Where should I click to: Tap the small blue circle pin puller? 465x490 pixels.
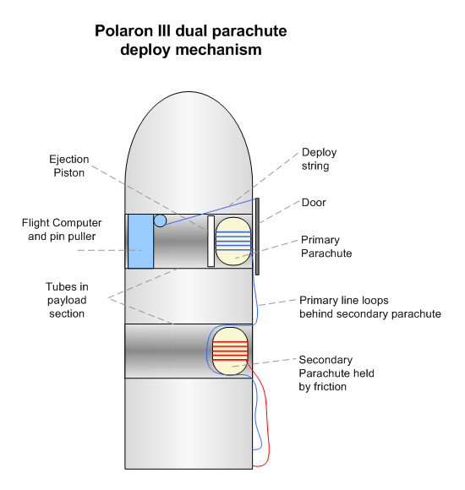point(160,220)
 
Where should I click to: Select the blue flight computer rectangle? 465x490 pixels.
point(140,241)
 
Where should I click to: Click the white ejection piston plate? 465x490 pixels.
point(211,241)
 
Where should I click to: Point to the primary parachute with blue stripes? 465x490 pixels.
point(233,242)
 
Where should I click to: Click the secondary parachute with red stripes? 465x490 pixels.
point(230,351)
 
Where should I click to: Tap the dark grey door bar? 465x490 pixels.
point(257,237)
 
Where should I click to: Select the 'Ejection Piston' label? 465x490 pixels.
point(69,166)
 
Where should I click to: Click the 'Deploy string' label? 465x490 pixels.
point(319,159)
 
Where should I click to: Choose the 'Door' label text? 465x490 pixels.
point(314,203)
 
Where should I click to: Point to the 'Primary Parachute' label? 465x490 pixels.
point(326,246)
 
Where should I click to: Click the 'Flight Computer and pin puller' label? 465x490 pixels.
point(62,230)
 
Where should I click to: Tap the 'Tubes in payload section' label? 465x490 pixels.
point(67,300)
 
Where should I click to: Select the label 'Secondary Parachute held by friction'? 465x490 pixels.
point(336,373)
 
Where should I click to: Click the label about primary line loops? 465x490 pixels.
point(370,307)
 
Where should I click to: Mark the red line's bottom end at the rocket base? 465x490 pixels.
point(253,466)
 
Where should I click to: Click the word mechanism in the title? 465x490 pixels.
point(219,50)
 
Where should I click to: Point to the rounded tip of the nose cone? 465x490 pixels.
point(189,92)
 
